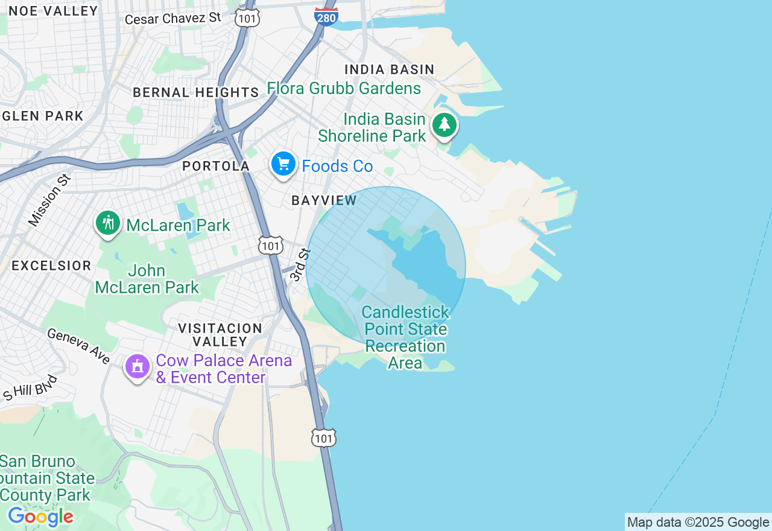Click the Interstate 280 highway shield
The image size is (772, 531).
(326, 16)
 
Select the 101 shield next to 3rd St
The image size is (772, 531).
(271, 245)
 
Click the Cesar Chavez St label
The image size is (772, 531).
(173, 18)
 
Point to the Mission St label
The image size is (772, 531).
(49, 200)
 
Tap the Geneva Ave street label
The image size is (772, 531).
(78, 346)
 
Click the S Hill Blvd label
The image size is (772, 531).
(30, 387)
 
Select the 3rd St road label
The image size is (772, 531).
(300, 264)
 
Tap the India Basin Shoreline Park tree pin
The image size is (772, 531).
(445, 125)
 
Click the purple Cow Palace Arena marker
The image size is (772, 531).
(137, 366)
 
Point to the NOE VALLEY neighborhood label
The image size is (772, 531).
(54, 11)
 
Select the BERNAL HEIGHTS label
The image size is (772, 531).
(196, 92)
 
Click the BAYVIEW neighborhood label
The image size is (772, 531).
(324, 200)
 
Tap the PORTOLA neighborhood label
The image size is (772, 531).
(216, 166)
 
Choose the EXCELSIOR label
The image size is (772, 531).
(51, 265)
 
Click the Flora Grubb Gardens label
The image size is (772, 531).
(344, 88)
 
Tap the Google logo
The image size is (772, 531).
(40, 517)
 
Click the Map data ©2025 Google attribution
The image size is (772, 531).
(698, 523)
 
